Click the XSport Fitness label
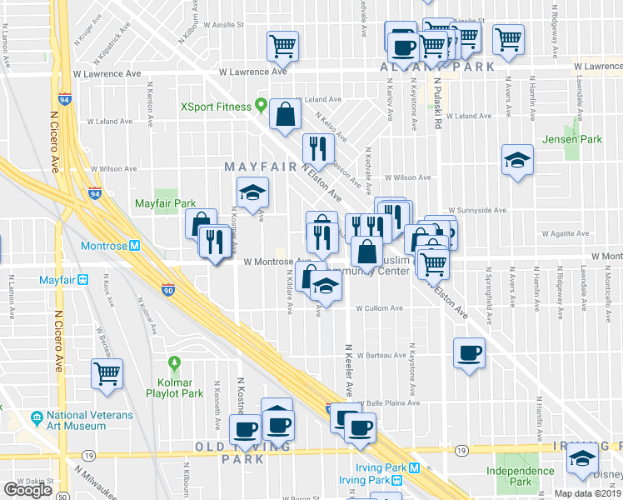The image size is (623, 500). (217, 107)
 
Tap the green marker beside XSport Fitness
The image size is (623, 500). (262, 106)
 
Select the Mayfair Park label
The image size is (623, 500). (165, 203)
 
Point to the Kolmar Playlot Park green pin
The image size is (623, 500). (174, 363)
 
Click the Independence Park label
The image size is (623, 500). (521, 476)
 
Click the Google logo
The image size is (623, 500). (27, 489)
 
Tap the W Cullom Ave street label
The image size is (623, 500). (379, 308)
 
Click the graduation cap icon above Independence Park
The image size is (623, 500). (582, 458)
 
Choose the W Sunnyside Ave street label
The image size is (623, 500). (476, 211)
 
